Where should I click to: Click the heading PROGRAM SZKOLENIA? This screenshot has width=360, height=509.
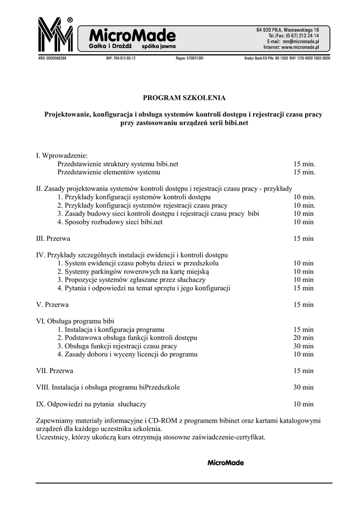(x=184, y=97)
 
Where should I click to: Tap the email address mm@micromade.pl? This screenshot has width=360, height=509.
(x=300, y=42)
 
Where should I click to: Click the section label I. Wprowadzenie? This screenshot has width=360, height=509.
(x=62, y=156)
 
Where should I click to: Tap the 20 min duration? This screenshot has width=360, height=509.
(x=303, y=338)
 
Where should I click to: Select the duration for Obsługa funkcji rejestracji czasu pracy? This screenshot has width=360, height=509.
(x=303, y=346)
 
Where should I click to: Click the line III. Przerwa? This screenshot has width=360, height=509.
(x=53, y=239)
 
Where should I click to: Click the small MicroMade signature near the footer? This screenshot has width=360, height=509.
(x=225, y=463)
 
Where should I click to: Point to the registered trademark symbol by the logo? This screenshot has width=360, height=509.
(x=70, y=20)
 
